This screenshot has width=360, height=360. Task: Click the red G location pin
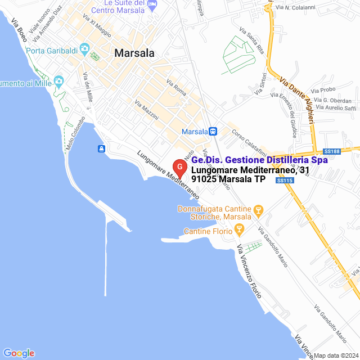tap(179, 168)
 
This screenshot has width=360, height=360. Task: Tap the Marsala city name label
tap(134, 53)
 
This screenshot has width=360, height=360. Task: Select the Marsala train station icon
tap(213, 131)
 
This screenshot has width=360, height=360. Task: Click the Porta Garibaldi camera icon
tap(84, 49)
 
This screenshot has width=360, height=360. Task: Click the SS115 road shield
tap(285, 180)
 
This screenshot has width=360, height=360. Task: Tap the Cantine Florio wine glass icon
tap(239, 229)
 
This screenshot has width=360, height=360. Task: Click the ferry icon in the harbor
tap(101, 148)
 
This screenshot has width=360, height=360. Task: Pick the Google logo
tap(19, 353)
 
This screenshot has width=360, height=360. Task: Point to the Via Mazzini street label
tap(146, 110)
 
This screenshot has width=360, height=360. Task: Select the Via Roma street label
tap(176, 87)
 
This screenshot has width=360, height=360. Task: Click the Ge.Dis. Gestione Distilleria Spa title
tap(259, 160)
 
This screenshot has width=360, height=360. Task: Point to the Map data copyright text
tap(336, 355)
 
